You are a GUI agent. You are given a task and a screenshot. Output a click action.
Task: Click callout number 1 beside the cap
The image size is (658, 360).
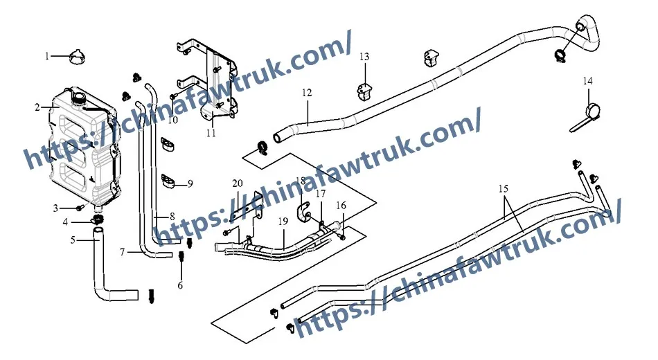[x=47, y=56]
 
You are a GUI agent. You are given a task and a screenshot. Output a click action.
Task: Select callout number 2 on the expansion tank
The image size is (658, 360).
[x=37, y=108]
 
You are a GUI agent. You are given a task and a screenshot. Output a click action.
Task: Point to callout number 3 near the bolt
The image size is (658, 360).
[x=55, y=208]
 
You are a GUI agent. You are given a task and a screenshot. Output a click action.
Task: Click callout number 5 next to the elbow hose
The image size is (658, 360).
[x=73, y=240]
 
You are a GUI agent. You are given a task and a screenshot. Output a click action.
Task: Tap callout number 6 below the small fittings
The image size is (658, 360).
[x=180, y=286]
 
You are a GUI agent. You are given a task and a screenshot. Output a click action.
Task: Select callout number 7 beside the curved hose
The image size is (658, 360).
[x=122, y=252]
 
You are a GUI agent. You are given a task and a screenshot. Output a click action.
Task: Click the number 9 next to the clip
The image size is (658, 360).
[x=190, y=183]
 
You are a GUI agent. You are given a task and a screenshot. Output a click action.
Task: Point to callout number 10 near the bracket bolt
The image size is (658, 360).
[x=172, y=120]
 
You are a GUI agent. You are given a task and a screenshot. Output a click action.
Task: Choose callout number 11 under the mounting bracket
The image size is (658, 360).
[x=211, y=134]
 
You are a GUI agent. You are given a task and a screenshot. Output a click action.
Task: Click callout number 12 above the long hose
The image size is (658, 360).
[x=307, y=93]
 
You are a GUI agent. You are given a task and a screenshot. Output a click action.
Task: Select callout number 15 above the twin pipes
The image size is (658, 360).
[x=503, y=189]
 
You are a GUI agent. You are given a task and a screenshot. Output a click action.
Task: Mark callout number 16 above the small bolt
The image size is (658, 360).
[x=341, y=206]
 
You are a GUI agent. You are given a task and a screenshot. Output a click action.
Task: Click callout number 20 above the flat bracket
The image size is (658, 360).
[x=238, y=183]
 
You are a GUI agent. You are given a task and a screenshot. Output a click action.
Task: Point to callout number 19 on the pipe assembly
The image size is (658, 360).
[x=283, y=221]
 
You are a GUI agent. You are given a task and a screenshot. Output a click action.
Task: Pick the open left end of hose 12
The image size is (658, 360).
[x=277, y=138]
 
